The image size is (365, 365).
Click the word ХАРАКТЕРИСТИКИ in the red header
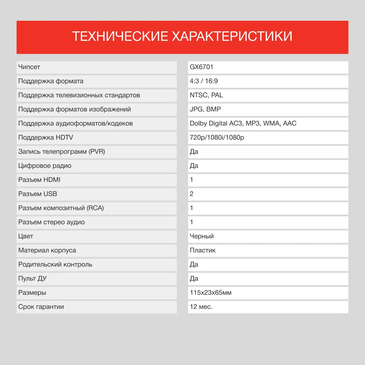click(x=232, y=36)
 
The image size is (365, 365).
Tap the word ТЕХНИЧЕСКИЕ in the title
click(x=120, y=36)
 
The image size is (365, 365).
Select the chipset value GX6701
click(x=201, y=67)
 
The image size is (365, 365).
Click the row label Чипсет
click(x=29, y=67)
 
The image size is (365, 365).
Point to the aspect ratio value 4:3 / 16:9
click(x=203, y=81)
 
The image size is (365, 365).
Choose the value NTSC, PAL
click(x=206, y=95)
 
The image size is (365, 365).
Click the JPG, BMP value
click(x=205, y=109)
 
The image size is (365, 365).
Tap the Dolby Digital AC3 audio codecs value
click(x=243, y=123)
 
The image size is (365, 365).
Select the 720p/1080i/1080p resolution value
click(x=217, y=137)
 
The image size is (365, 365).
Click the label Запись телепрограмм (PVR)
click(x=61, y=151)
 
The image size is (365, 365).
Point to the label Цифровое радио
click(x=45, y=166)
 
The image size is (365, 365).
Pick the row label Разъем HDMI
click(x=39, y=180)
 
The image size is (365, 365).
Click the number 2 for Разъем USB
click(x=192, y=194)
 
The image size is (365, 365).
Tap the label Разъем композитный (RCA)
click(x=61, y=208)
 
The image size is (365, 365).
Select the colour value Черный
click(x=202, y=236)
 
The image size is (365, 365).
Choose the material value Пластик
click(x=203, y=250)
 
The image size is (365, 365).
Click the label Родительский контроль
click(x=55, y=265)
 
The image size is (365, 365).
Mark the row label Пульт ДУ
click(x=32, y=279)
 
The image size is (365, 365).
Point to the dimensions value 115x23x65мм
click(x=210, y=293)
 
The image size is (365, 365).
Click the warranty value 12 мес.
click(x=201, y=307)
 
